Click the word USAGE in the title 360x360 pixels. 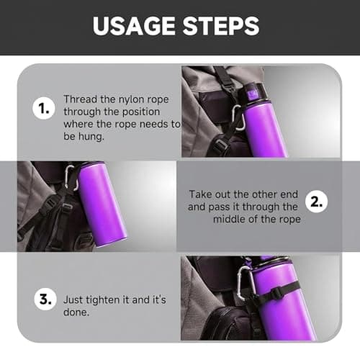pos(134,26)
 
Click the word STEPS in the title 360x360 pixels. pos(221,26)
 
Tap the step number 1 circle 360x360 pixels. pos(44,109)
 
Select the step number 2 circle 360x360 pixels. pos(317,202)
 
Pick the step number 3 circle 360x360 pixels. pos(45,300)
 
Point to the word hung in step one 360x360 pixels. pos(91,137)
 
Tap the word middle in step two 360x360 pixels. pos(229,219)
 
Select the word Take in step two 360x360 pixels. pos(200,194)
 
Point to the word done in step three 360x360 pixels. pos(76,312)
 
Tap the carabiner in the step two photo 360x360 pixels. pos(72,178)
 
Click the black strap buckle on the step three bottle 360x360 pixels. pos(276,293)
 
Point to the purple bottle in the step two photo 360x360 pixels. pos(102,204)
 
